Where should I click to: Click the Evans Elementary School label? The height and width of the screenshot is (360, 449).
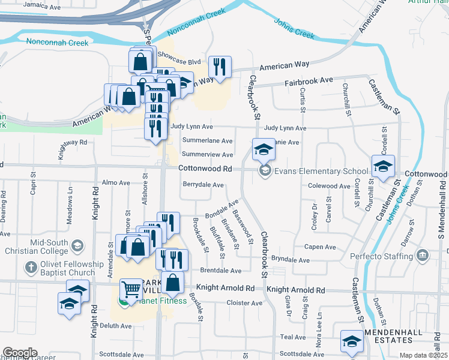[x=321, y=172]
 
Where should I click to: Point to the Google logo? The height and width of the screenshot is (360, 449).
[x=20, y=353]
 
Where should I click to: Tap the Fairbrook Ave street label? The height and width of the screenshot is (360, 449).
[x=309, y=80]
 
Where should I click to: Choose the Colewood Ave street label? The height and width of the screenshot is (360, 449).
[x=328, y=187]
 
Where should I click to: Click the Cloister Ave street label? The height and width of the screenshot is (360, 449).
[x=244, y=303]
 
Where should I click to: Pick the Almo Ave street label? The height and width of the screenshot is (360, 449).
[x=116, y=182]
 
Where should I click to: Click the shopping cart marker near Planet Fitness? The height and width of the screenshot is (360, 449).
[x=131, y=290]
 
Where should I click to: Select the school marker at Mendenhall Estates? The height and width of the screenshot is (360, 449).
[x=351, y=341]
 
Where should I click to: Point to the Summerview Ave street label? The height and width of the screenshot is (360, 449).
[x=207, y=154]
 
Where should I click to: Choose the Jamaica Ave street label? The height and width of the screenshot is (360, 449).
[x=42, y=7]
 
